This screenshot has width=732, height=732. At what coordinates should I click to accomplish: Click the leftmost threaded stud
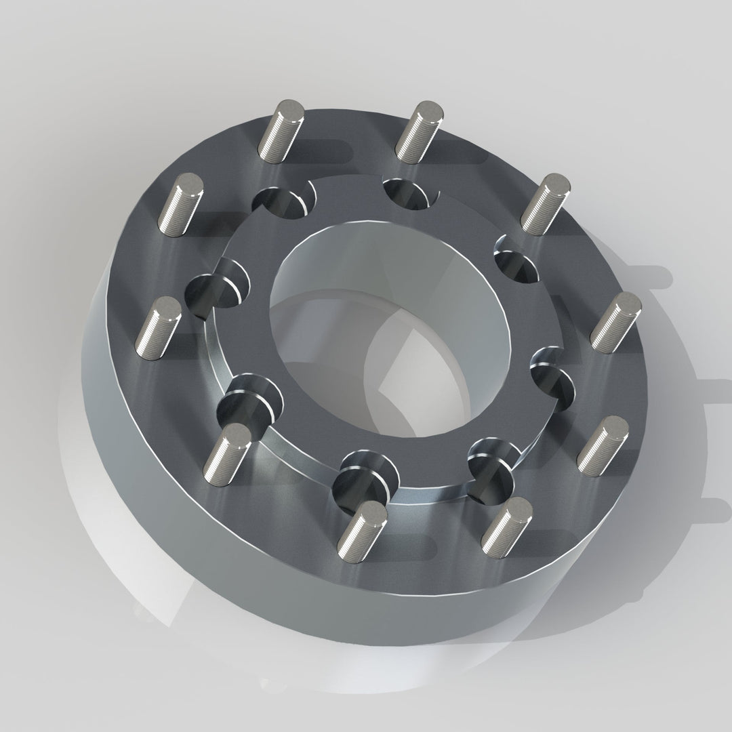click(x=157, y=329)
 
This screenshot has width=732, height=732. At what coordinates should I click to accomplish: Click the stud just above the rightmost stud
click(x=545, y=203)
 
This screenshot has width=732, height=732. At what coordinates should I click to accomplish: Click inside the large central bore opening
click(x=390, y=339)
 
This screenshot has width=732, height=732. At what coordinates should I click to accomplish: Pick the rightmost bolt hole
click(x=552, y=369)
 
